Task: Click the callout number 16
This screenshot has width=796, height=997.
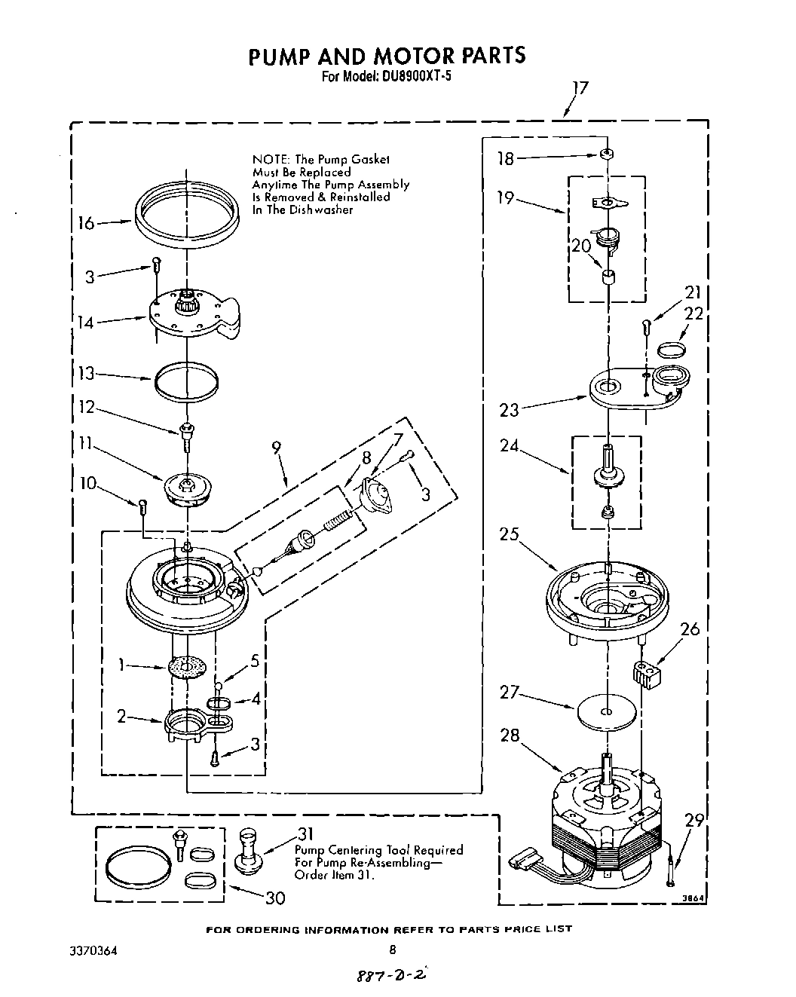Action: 87,223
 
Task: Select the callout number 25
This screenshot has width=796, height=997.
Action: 509,534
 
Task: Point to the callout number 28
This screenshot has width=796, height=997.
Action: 510,734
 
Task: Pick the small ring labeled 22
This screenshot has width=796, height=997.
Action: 672,349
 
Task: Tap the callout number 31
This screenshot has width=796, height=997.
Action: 305,834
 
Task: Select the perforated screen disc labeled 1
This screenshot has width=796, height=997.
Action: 186,667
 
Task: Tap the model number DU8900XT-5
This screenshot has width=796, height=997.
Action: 408,76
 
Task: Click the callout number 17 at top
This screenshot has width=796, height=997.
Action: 578,88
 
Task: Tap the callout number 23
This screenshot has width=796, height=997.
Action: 509,411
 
